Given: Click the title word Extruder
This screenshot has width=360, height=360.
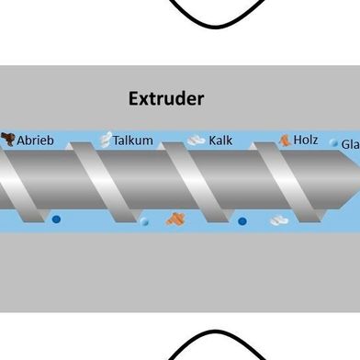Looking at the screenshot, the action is point(166,98).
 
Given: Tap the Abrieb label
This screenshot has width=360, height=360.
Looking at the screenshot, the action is point(36,141).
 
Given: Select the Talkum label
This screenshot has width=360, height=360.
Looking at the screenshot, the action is point(132,141).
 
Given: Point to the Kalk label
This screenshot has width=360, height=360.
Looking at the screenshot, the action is point(220,141).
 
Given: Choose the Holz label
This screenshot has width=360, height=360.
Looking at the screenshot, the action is point(305,141).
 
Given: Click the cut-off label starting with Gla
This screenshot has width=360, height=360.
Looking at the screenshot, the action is point(350,144).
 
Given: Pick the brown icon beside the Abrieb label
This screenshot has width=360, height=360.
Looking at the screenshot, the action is point(8,140).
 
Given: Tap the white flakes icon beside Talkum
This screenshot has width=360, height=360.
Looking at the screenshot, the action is point(105,140).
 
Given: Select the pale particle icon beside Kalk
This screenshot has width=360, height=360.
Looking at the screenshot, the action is point(196,141).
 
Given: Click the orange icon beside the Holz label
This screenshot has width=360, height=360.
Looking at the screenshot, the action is point(285,140).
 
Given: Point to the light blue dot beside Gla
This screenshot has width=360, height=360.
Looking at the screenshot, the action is point(333,143).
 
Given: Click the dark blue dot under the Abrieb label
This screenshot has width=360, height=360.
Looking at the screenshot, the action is point(56,219).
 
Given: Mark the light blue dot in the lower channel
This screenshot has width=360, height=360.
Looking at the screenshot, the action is point(144,221).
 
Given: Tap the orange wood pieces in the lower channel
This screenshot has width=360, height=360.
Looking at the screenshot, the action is point(174,219).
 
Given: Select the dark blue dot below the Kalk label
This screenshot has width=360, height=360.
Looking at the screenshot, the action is point(242,220).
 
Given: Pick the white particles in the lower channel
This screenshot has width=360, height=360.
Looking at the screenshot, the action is point(278,220).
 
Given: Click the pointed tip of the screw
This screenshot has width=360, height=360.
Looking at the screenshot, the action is point(354,180).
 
